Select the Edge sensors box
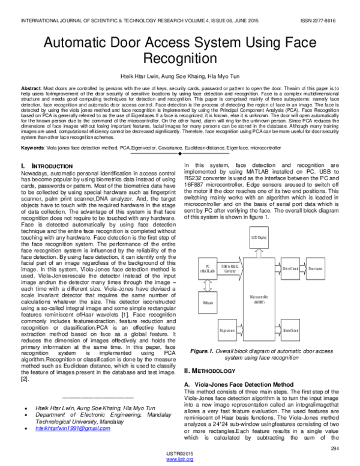pyautogui.click(x=227, y=330)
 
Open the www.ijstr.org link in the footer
pyautogui.click(x=180, y=459)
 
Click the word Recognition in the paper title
pyautogui.click(x=180, y=59)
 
